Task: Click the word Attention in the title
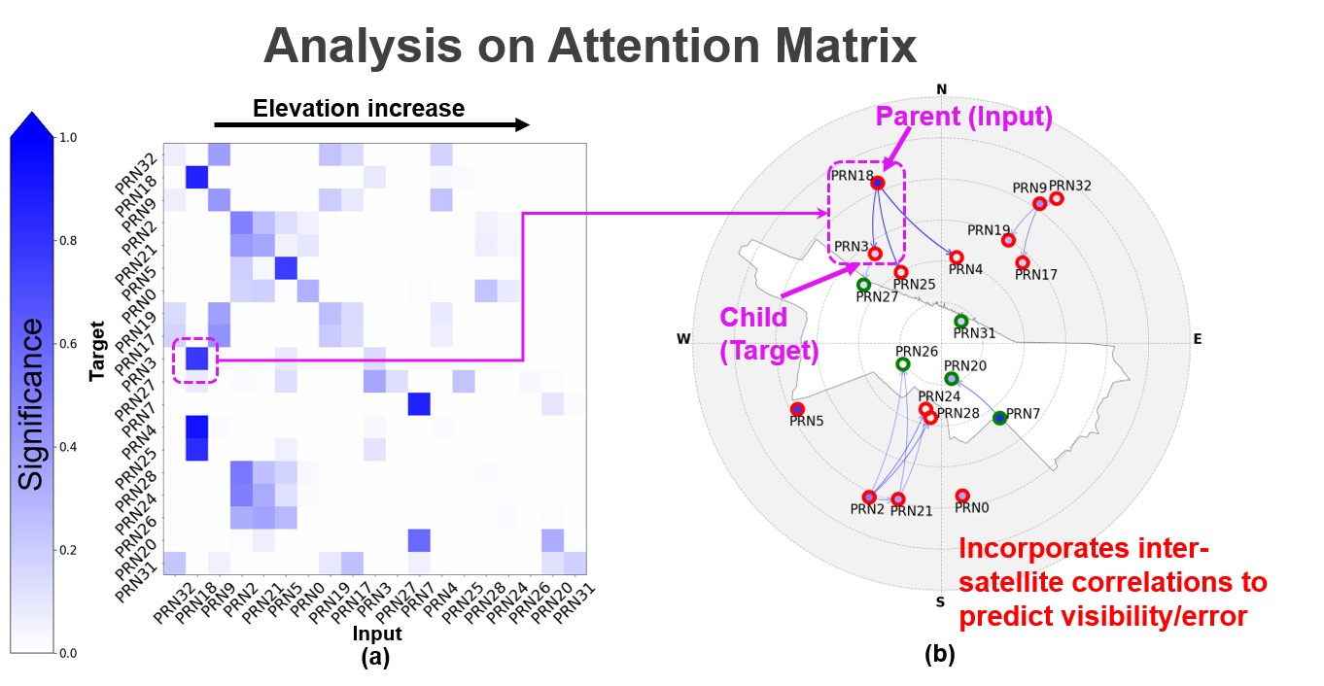654,46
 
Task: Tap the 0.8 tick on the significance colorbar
68,240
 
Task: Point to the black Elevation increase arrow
371,124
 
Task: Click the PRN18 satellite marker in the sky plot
878,184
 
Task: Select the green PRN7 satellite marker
999,418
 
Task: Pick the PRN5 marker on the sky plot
797,408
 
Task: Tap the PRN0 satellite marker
962,496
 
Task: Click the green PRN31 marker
961,321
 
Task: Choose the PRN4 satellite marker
957,257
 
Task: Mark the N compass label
942,89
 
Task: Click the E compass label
1198,338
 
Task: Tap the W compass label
683,338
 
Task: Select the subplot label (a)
375,657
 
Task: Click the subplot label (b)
940,654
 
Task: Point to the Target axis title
96,351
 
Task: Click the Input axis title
377,634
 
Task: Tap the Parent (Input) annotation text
963,117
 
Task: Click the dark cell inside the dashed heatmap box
196,359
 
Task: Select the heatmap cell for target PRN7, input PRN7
419,404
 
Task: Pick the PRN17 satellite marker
1023,262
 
